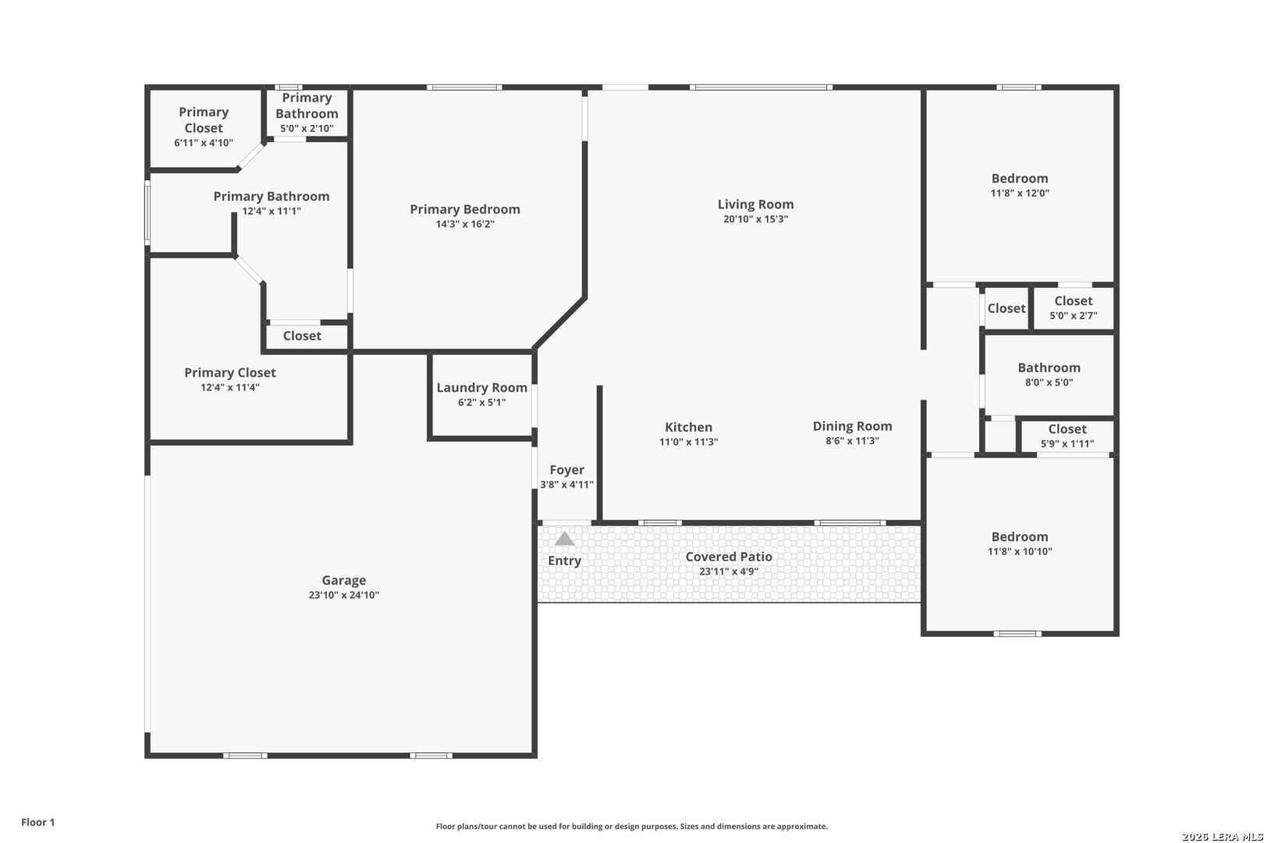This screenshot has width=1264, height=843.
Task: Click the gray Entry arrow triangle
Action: [x=564, y=539]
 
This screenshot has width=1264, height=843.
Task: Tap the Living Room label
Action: [x=755, y=205]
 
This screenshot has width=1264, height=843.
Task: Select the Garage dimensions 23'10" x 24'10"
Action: [x=343, y=595]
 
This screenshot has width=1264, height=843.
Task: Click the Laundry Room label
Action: [x=482, y=388]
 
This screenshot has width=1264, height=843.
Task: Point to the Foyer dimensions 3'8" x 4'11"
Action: [x=566, y=485]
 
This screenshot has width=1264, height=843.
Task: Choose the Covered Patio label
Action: [x=729, y=557]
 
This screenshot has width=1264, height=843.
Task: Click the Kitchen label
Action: [x=688, y=428]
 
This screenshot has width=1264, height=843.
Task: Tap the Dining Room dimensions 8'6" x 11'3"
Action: [x=852, y=441]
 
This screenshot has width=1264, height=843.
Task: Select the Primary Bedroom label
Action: [x=465, y=209]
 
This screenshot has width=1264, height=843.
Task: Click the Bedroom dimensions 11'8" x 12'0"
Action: [x=1020, y=193]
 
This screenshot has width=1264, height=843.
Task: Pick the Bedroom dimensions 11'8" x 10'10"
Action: [x=1020, y=552]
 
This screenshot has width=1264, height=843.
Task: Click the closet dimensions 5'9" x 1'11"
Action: [x=1067, y=444]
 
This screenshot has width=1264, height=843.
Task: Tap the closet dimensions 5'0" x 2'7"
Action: [x=1074, y=315]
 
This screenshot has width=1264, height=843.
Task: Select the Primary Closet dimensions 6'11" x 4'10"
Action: [x=203, y=143]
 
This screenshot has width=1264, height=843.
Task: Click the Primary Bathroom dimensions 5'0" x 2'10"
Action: [x=307, y=129]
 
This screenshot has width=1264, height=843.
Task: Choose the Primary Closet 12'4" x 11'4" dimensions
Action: [x=229, y=387]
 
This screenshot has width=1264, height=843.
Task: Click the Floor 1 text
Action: [x=37, y=822]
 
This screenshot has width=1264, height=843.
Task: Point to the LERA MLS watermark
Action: [x=1222, y=836]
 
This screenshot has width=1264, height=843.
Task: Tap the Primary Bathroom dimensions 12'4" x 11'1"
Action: [x=272, y=212]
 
